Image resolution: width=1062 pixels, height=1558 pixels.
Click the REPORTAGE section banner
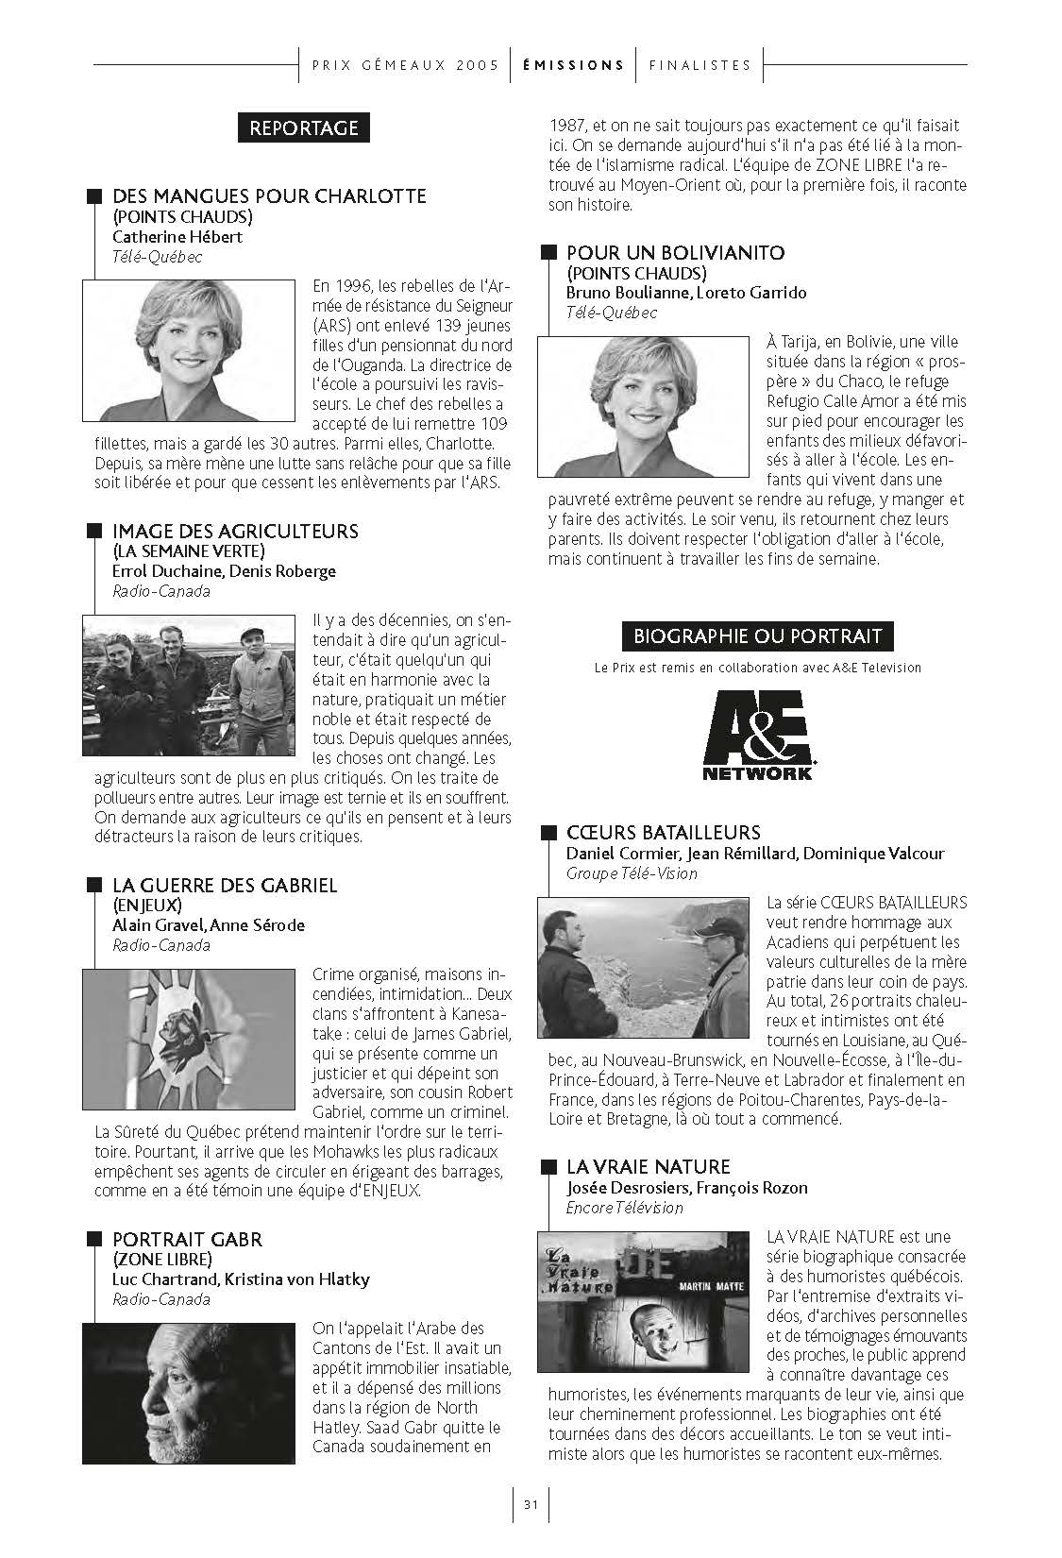(303, 127)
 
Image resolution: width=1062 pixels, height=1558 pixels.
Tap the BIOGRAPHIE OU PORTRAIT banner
(757, 635)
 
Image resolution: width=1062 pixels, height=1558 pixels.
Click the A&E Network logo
(757, 736)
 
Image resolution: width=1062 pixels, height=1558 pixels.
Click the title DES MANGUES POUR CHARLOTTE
(269, 196)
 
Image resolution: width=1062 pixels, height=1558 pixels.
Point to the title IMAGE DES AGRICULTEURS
(235, 532)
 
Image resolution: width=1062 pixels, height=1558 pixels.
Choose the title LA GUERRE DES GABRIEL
(225, 886)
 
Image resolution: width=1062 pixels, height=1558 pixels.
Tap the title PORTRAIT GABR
(187, 1240)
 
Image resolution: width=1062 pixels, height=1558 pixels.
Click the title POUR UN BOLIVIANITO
(675, 253)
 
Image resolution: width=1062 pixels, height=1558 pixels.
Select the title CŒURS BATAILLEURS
(663, 833)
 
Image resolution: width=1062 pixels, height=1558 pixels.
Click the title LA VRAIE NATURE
(648, 1167)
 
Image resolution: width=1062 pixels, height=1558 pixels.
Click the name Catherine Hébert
(177, 237)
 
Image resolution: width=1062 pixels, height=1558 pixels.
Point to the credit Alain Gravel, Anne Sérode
(209, 925)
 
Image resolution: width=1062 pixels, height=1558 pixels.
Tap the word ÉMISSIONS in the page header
(573, 65)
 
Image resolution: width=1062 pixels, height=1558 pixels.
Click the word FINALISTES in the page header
(700, 65)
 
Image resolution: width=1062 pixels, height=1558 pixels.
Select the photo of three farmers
(189, 686)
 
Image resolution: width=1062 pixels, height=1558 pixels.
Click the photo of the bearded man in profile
(189, 1394)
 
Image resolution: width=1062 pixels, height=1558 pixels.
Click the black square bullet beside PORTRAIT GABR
(93, 1239)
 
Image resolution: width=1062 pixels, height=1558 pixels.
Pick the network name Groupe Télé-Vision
(632, 873)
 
